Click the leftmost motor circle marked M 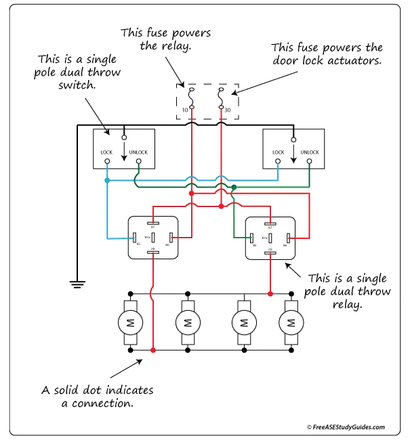pos(128,323)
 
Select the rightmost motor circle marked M pos(291,323)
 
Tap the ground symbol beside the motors pos(78,282)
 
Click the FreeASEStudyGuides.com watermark pos(346,428)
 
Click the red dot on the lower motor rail pos(153,350)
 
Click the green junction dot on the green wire pos(234,188)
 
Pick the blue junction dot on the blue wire pos(106,181)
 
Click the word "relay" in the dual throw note pos(344,304)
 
